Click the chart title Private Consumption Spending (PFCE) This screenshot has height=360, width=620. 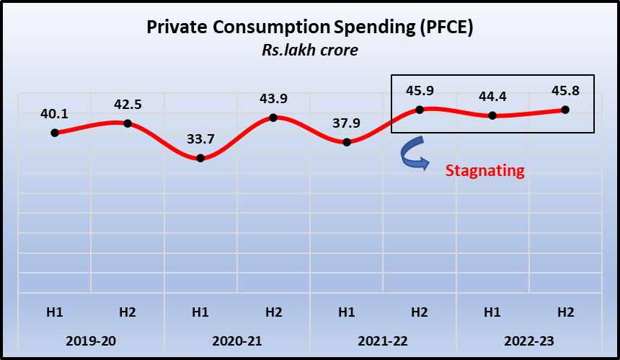310,28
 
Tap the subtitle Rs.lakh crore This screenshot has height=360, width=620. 310,51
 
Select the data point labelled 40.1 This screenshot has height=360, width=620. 55,133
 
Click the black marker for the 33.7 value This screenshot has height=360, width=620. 200,158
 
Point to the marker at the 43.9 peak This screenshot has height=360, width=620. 273,118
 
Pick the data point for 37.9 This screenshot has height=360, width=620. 347,142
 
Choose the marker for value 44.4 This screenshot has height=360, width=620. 492,115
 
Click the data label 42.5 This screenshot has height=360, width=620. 128,104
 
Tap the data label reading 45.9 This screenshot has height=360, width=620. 419,92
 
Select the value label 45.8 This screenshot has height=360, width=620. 564,92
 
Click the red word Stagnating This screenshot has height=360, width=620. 484,171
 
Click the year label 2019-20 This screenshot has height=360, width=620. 91,340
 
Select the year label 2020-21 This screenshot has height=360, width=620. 236,340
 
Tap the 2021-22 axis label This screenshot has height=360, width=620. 382,340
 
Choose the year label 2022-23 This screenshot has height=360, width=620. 528,340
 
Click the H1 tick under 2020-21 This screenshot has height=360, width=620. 200,312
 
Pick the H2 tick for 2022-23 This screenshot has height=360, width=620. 564,312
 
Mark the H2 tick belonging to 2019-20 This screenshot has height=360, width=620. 128,312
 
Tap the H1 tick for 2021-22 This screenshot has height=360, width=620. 347,312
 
